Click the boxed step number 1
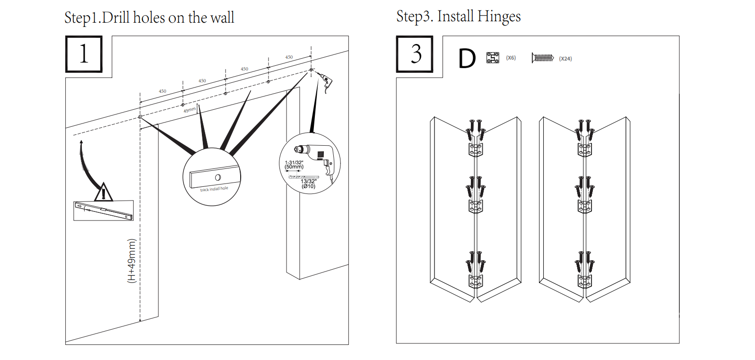(x=84, y=54)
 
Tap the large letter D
(x=467, y=59)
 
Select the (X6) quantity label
(x=511, y=58)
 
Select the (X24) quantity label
(x=565, y=59)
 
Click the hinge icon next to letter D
(x=493, y=58)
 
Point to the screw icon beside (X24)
(x=543, y=58)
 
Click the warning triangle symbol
(x=104, y=192)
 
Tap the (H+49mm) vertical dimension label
(x=131, y=261)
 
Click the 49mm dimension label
(x=189, y=110)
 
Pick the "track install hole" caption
(x=214, y=189)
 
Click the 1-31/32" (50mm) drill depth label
(x=294, y=165)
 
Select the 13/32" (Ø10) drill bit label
(x=308, y=184)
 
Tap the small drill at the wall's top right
(x=325, y=81)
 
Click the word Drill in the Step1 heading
(x=116, y=18)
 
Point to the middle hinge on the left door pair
(x=476, y=206)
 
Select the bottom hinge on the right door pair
(x=585, y=281)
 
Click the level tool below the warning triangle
(x=104, y=211)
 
